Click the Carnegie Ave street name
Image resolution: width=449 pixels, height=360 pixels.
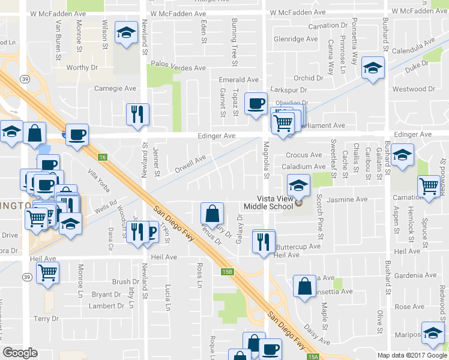click(x=115, y=88)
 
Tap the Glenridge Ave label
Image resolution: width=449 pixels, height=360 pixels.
click(x=295, y=39)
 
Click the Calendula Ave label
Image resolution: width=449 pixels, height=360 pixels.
click(x=413, y=47)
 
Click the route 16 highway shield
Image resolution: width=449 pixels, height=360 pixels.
click(x=103, y=157)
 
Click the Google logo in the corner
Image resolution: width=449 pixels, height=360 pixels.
click(x=20, y=353)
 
